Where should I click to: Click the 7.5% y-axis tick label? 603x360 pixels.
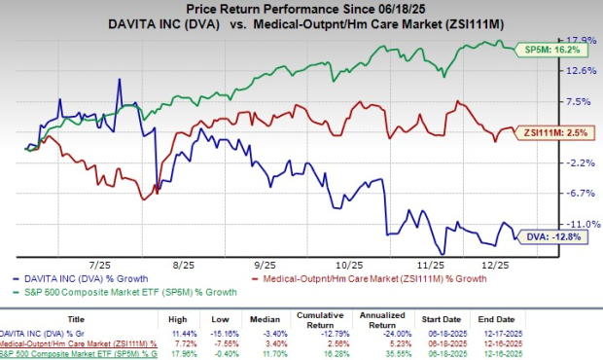pyautogui.click(x=580, y=100)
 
